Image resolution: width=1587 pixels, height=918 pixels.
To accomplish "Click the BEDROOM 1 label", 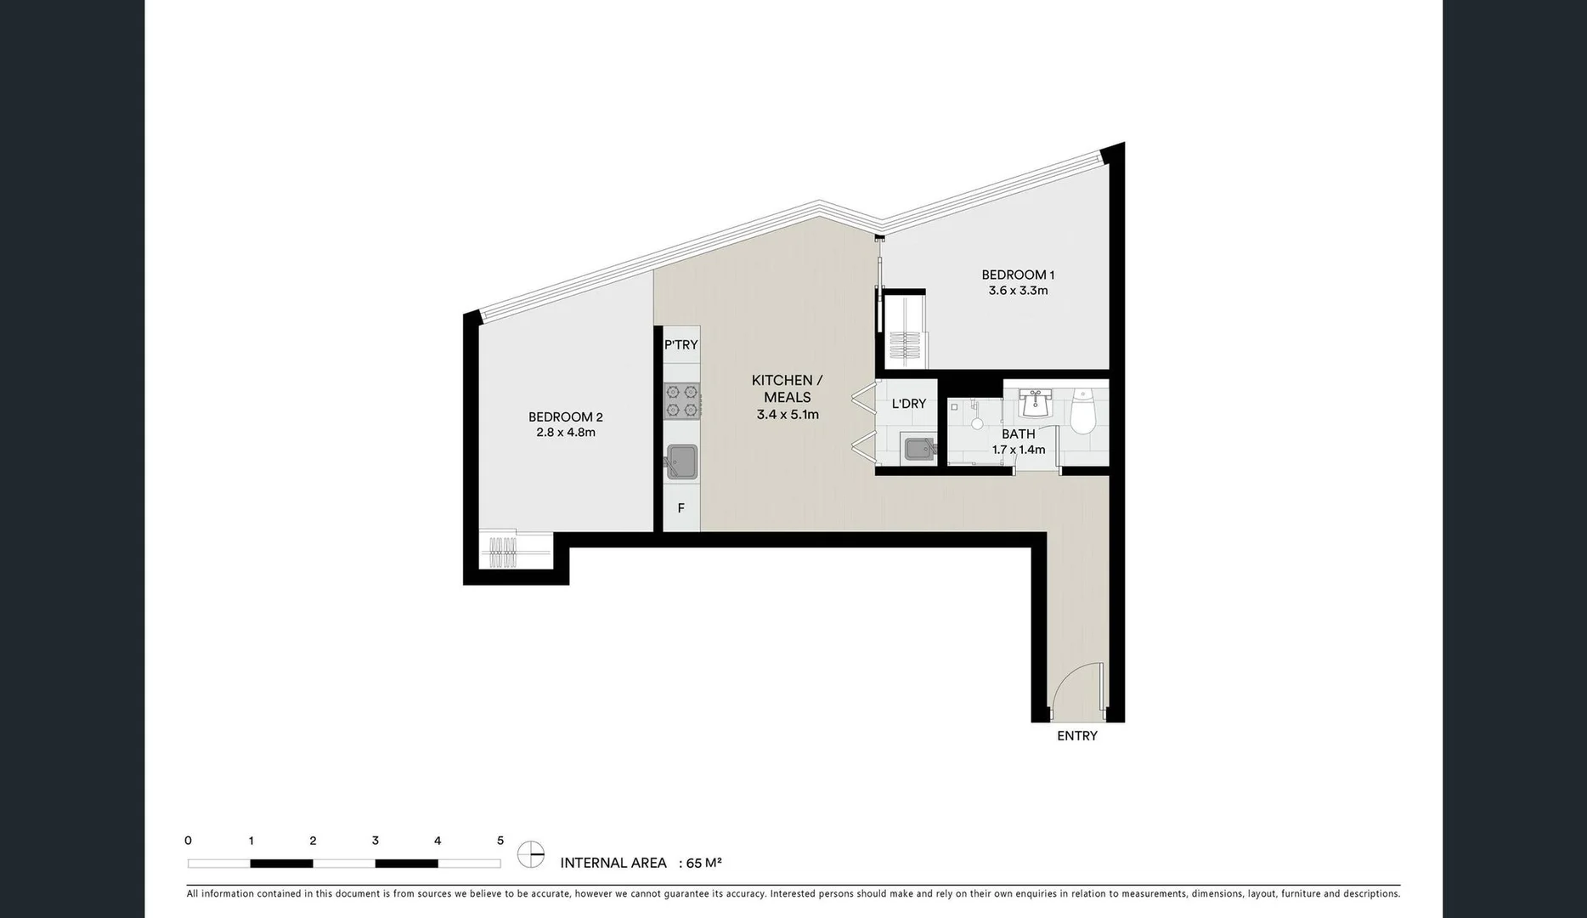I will [1017, 275].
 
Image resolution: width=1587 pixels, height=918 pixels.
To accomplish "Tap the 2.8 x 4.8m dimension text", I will [565, 432].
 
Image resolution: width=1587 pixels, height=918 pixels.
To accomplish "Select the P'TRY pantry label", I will [681, 344].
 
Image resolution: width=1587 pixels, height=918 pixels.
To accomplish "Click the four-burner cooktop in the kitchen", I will [682, 400].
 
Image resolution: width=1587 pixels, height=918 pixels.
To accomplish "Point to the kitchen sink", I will [681, 462].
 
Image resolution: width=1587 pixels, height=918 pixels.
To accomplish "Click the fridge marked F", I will [681, 508].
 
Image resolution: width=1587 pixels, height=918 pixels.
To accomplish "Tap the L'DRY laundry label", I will [908, 404].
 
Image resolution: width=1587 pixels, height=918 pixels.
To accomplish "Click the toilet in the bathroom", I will [1082, 412].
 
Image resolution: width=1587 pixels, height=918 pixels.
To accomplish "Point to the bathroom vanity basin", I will [1036, 404].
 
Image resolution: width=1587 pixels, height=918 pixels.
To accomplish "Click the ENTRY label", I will [1076, 736].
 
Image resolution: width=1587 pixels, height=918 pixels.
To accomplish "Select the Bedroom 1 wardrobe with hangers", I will [905, 331].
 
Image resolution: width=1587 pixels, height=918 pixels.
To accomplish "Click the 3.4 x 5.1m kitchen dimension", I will [788, 415].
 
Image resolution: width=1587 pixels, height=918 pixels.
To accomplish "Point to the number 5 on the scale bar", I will [500, 841].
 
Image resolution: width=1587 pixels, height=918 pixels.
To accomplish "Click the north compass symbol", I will [531, 854].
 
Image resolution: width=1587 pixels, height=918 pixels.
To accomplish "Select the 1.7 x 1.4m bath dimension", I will [1018, 450].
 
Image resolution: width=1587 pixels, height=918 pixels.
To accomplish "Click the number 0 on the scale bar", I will [188, 841].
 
